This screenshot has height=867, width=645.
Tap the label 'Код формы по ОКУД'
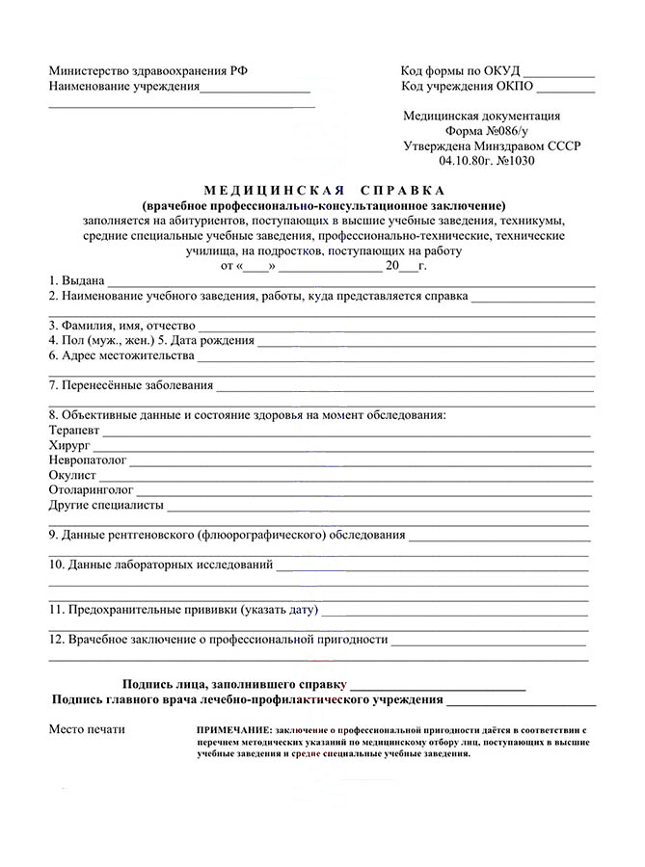pyautogui.click(x=461, y=71)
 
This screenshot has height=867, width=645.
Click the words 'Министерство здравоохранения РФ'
pyautogui.click(x=148, y=71)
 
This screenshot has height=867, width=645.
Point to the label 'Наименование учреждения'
pyautogui.click(x=124, y=87)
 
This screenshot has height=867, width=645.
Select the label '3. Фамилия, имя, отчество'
pyautogui.click(x=121, y=326)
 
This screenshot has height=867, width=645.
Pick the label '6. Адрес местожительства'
pyautogui.click(x=121, y=355)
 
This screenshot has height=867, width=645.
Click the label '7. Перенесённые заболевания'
pyautogui.click(x=131, y=385)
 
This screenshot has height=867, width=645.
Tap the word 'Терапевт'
pyautogui.click(x=73, y=431)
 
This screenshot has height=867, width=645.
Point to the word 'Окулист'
pyautogui.click(x=72, y=476)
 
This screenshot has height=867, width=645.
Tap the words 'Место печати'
pyautogui.click(x=87, y=729)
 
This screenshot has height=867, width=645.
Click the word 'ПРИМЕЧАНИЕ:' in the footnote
pyautogui.click(x=233, y=731)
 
